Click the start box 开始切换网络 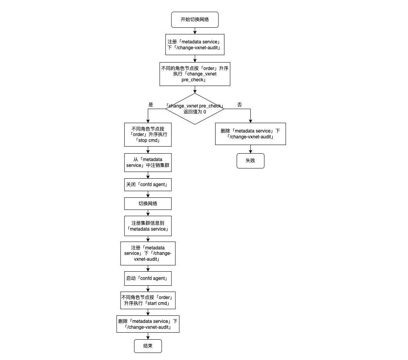pyautogui.click(x=194, y=20)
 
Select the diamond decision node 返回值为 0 pyautogui.click(x=194, y=109)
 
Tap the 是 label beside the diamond pyautogui.click(x=151, y=105)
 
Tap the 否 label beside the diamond pyautogui.click(x=239, y=105)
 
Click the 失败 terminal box pyautogui.click(x=250, y=161)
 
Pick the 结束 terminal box pyautogui.click(x=147, y=346)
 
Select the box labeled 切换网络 pyautogui.click(x=148, y=204)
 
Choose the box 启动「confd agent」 pyautogui.click(x=148, y=279)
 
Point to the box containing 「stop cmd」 pyautogui.click(x=148, y=135)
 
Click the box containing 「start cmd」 pyautogui.click(x=148, y=300)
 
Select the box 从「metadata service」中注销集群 pyautogui.click(x=148, y=162)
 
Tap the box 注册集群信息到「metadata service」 pyautogui.click(x=148, y=226)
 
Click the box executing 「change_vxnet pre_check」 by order pyautogui.click(x=194, y=73)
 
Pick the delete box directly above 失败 pyautogui.click(x=250, y=134)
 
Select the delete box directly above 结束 pyautogui.click(x=148, y=324)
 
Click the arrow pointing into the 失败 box pyautogui.click(x=250, y=149)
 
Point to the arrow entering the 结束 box pyautogui.click(x=148, y=336)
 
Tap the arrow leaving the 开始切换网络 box pyautogui.click(x=194, y=30)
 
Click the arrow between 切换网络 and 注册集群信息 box pyautogui.click(x=148, y=213)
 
